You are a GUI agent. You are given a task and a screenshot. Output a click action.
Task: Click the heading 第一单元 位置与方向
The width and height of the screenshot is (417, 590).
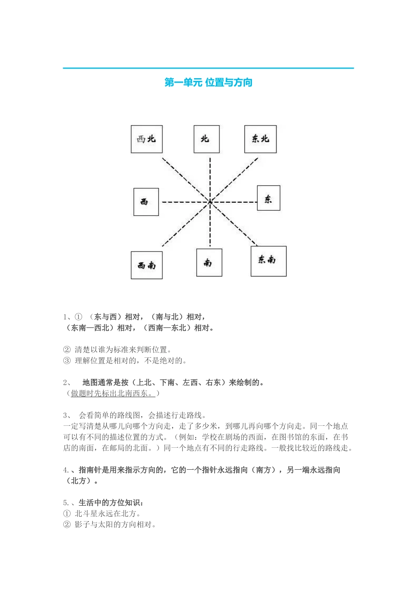208,83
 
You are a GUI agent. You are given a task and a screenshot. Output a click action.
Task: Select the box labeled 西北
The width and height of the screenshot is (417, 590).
147,139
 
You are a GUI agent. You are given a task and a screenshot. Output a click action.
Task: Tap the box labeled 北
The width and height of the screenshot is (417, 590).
206,139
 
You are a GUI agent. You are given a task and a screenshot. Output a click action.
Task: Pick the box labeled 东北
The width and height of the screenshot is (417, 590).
260,139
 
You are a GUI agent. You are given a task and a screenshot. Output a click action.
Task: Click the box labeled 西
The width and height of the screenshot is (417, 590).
146,202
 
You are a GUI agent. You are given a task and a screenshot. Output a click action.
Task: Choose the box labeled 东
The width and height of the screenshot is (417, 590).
268,198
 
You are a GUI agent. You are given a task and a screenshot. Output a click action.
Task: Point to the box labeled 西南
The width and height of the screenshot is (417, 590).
147,265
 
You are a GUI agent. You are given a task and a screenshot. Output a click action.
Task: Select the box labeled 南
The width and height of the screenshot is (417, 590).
209,263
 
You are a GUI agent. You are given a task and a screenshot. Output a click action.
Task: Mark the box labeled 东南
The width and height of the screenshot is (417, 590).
268,261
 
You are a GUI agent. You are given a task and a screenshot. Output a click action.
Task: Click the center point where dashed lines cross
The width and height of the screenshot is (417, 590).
210,202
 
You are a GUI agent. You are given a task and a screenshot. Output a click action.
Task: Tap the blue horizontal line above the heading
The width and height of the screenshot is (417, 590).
208,68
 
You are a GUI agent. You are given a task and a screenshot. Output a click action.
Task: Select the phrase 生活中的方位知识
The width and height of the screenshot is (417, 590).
109,503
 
